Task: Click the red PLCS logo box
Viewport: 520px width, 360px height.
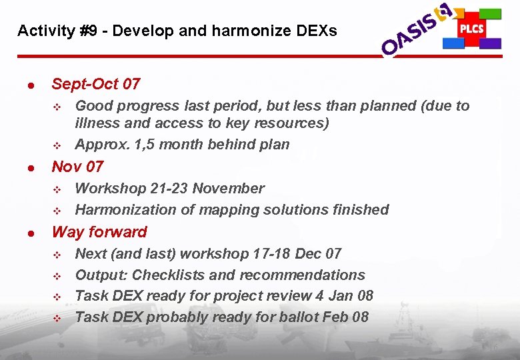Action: [x=471, y=29]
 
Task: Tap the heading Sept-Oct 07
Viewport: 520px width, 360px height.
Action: [x=96, y=84]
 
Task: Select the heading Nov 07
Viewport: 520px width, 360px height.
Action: [x=77, y=166]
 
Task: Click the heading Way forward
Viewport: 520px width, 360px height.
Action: [x=99, y=232]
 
